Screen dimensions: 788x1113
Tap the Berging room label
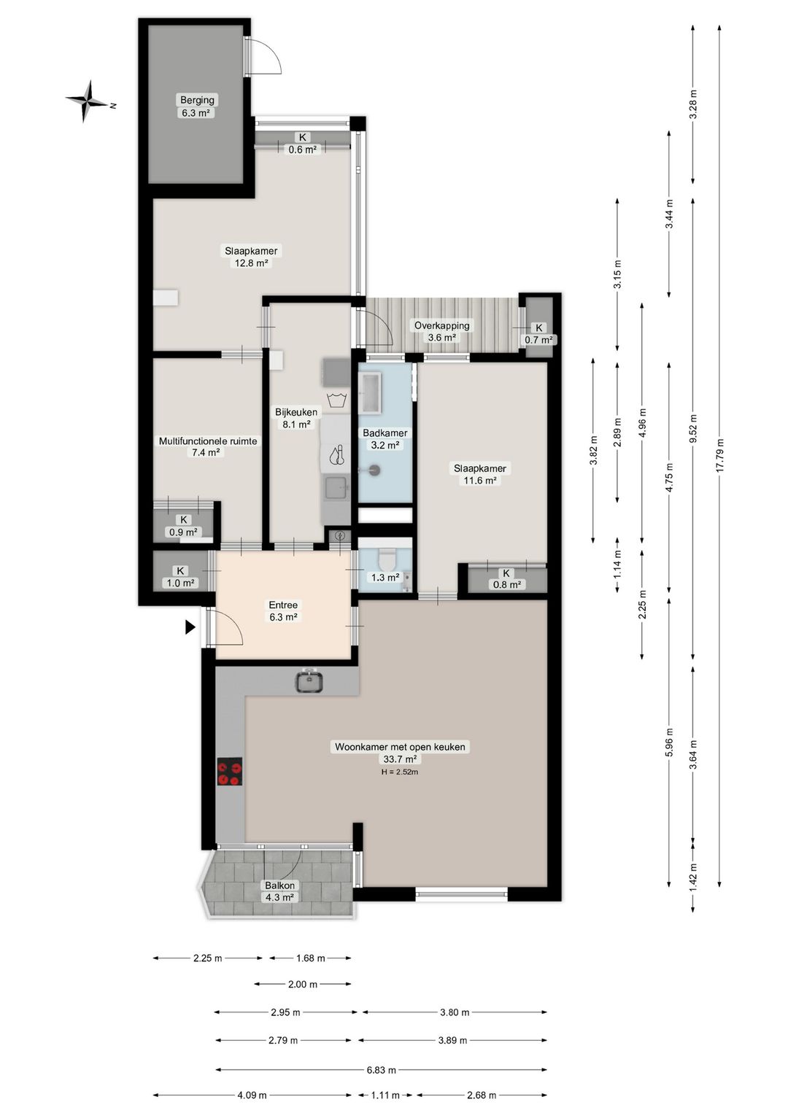click(198, 100)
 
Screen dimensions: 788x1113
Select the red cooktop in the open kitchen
click(230, 771)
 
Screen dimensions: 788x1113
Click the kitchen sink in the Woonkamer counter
click(310, 680)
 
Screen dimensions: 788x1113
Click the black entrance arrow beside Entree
click(190, 627)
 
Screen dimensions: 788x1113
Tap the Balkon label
click(279, 885)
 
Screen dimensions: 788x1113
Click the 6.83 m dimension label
click(382, 1066)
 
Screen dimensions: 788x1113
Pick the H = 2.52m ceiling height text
click(400, 772)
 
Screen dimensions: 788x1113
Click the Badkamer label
click(385, 433)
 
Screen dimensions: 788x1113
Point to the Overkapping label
click(442, 326)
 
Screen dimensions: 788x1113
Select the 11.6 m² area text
click(480, 481)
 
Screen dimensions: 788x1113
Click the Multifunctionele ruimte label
click(208, 441)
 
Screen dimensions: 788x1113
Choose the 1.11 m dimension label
click(385, 1095)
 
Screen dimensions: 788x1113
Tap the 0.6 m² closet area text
click(303, 149)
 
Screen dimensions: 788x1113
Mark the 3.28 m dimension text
click(694, 104)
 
